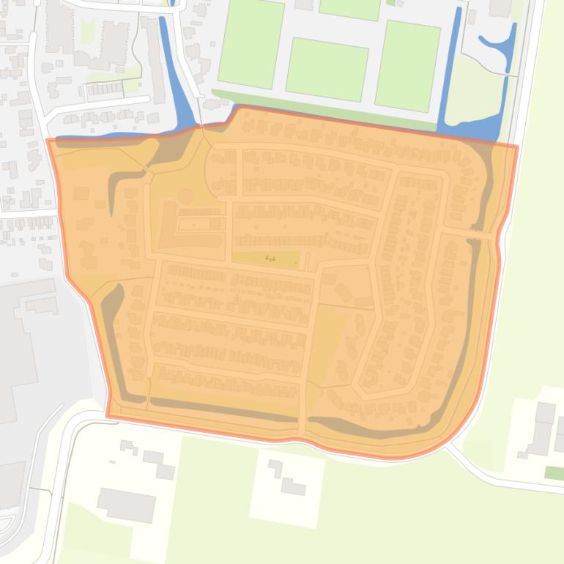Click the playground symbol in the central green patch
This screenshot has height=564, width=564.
(270, 258)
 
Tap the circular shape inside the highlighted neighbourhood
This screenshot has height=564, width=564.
(186, 196)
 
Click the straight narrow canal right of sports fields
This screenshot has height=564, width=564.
(450, 66)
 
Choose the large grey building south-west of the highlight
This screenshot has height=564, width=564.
(126, 505)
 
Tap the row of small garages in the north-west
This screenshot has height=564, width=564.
(104, 89)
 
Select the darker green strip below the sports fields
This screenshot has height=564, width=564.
(322, 108)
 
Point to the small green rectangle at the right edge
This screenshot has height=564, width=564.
(554, 473)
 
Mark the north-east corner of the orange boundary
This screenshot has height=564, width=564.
(517, 146)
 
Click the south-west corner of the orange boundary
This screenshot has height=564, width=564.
(108, 416)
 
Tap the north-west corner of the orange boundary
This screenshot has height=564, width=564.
(48, 140)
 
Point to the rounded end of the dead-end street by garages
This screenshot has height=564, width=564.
(146, 98)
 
